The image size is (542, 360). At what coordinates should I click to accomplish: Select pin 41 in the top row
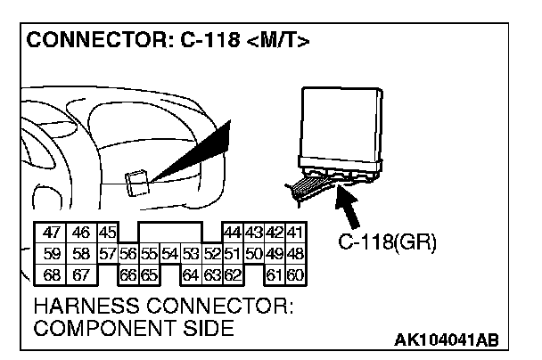pyautogui.click(x=295, y=233)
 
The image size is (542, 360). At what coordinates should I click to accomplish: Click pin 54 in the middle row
pyautogui.click(x=169, y=253)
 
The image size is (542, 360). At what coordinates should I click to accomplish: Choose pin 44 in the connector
pyautogui.click(x=233, y=233)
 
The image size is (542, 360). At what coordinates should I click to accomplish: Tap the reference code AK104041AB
pyautogui.click(x=445, y=340)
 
